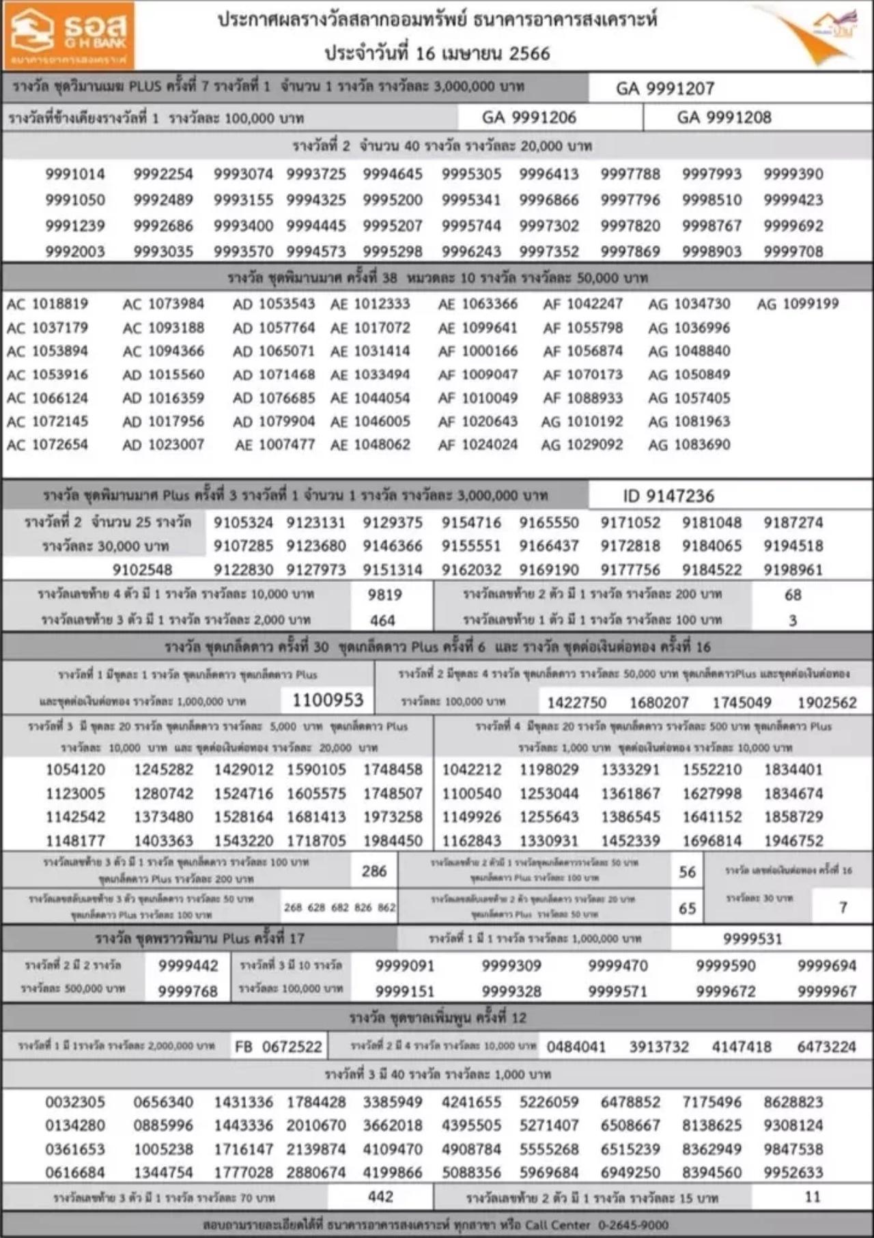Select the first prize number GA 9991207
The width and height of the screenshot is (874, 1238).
pyautogui.click(x=664, y=89)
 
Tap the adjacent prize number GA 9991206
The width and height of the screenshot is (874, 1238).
pyautogui.click(x=528, y=117)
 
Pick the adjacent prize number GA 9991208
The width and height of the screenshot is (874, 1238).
pyautogui.click(x=724, y=117)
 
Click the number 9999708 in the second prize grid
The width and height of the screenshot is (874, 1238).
pyautogui.click(x=793, y=251)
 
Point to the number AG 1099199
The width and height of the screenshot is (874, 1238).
pyautogui.click(x=797, y=304)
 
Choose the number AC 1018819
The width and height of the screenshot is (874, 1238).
pyautogui.click(x=47, y=304)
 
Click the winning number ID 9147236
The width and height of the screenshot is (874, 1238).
pyautogui.click(x=668, y=496)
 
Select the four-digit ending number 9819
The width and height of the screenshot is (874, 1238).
pyautogui.click(x=384, y=595)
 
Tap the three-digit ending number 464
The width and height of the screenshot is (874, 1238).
pyautogui.click(x=382, y=620)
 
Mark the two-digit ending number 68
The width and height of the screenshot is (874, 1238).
pyautogui.click(x=793, y=595)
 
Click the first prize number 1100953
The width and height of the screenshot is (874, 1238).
pyautogui.click(x=328, y=700)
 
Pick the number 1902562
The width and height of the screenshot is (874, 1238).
pyautogui.click(x=826, y=703)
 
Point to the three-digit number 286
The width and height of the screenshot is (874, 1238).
pyautogui.click(x=374, y=871)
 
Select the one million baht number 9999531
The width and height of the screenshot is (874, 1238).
pyautogui.click(x=752, y=939)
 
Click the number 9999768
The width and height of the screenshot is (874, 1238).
pyautogui.click(x=188, y=991)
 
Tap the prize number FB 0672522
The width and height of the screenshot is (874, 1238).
pyautogui.click(x=278, y=1047)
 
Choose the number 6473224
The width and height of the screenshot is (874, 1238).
pyautogui.click(x=826, y=1047)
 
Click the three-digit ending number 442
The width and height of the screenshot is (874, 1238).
pyautogui.click(x=380, y=1196)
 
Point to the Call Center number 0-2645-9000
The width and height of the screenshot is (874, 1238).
pyautogui.click(x=633, y=1225)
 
